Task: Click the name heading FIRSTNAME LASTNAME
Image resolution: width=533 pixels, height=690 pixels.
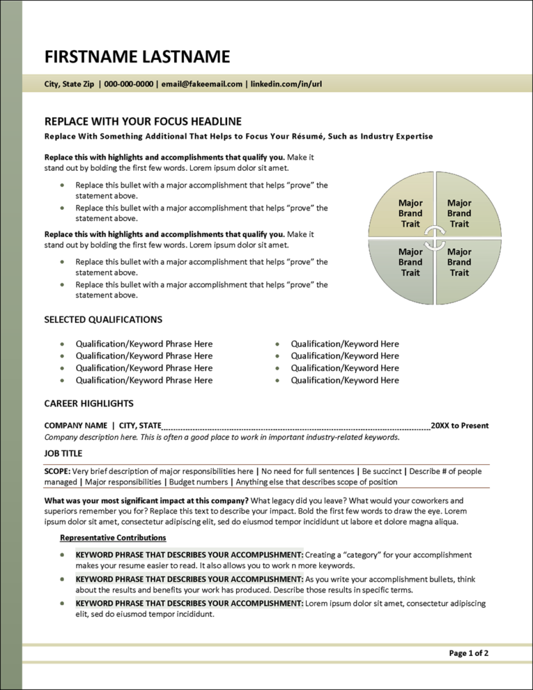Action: coord(137,56)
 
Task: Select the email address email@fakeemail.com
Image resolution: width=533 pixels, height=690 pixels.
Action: coord(201,84)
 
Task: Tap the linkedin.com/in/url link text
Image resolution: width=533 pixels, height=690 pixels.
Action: coord(285,84)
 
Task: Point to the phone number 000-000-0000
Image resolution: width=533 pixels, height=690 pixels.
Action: coord(128,84)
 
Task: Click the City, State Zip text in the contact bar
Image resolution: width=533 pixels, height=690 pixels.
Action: coord(69,84)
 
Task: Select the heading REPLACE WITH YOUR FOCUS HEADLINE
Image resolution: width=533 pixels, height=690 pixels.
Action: coord(143,121)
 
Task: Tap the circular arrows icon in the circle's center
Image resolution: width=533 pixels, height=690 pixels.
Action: coord(434,238)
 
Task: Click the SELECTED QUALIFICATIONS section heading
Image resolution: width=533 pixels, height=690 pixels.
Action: coord(103,320)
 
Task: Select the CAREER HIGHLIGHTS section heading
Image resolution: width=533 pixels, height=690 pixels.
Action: coord(89,403)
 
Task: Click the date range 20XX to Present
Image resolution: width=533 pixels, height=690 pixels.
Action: coord(459,425)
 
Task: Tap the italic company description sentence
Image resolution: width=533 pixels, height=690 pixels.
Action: coord(221,437)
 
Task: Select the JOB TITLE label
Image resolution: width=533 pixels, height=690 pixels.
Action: coord(63,454)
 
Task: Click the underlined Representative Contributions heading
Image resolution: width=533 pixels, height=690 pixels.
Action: coord(113,537)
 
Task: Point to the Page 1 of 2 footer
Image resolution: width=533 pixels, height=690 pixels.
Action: coord(468,653)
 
